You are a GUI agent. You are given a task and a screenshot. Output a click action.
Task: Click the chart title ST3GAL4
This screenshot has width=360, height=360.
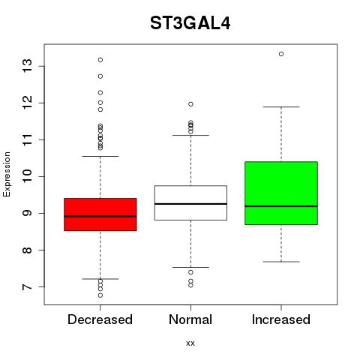190,23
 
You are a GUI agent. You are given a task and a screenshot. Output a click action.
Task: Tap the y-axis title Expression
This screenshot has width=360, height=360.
7,174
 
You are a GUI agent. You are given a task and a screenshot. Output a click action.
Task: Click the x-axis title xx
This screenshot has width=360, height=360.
190,343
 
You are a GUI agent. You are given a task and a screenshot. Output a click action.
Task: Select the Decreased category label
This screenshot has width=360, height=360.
100,319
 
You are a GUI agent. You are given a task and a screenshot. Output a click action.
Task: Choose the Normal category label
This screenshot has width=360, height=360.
190,319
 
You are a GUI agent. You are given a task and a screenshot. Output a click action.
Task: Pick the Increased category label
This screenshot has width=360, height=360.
281,319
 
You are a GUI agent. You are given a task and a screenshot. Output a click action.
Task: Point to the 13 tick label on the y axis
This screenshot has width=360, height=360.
28,66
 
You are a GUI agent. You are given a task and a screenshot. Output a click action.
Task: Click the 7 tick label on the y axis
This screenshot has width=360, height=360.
28,286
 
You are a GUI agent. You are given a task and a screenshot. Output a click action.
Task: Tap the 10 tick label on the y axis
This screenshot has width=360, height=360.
28,176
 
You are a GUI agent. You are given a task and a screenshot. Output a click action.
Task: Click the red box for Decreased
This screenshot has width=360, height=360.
100,214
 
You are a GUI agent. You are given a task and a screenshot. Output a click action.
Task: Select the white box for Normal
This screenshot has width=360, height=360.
190,202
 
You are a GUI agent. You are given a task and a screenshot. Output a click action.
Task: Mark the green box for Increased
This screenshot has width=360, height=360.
281,193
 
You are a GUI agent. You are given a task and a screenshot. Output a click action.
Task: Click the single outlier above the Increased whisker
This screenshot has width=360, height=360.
281,54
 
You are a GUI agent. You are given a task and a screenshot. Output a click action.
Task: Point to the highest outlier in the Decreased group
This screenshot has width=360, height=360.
100,60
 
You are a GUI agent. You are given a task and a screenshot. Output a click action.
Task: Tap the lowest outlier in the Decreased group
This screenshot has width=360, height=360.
100,295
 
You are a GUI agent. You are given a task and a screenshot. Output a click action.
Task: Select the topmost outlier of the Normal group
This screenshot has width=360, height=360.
190,104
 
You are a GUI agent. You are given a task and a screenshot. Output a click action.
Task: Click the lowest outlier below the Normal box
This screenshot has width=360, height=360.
190,285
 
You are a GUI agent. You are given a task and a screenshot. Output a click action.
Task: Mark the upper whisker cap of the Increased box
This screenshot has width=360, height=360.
281,106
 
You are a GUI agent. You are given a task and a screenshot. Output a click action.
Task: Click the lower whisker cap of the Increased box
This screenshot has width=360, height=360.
281,262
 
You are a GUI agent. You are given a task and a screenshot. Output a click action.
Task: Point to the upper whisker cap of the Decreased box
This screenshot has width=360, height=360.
100,156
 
